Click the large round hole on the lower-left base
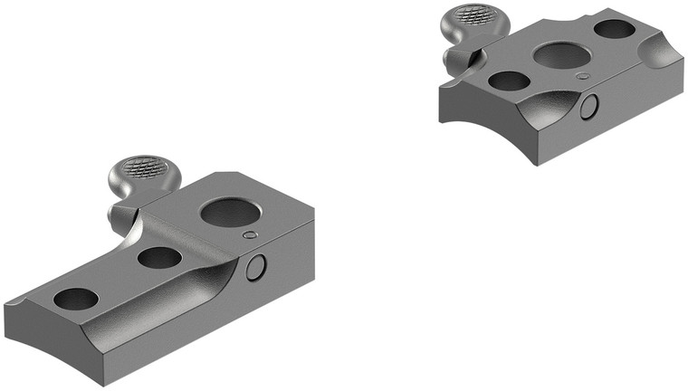click(x=231, y=214)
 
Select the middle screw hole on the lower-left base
click(x=160, y=257)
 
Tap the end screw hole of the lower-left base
click(x=76, y=299)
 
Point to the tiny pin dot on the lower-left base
click(x=251, y=235)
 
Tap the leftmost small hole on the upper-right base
click(x=509, y=81)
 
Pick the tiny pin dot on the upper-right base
click(x=583, y=76)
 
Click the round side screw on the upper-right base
click(x=589, y=107)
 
